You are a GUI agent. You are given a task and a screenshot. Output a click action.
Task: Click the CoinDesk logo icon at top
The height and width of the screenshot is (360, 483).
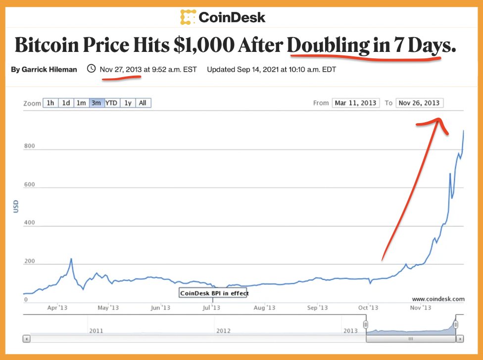point(188,17)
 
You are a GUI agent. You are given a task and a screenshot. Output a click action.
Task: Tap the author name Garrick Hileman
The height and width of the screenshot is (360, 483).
point(44,70)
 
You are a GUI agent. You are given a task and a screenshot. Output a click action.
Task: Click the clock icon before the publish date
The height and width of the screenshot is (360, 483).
point(91,69)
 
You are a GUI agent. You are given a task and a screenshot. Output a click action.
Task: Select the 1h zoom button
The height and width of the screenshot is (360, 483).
point(50,103)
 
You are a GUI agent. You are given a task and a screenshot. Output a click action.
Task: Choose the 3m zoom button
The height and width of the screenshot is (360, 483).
point(96,103)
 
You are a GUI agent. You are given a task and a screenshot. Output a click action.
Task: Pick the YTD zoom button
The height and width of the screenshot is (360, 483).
point(111,103)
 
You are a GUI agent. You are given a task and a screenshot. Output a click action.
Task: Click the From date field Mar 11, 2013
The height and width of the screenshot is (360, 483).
point(355,103)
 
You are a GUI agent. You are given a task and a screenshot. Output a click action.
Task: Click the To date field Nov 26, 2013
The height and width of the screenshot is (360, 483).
point(419,103)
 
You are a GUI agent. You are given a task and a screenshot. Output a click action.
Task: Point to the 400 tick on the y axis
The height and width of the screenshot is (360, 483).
point(30,223)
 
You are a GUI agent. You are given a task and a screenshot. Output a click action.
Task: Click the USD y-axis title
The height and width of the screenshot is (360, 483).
point(16,206)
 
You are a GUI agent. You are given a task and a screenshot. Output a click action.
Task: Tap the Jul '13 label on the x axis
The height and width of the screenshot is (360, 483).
point(211,308)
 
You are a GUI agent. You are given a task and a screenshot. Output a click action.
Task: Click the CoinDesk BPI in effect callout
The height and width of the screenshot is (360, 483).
point(214,293)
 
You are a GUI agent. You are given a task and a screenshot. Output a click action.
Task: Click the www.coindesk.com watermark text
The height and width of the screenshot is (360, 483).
point(438,299)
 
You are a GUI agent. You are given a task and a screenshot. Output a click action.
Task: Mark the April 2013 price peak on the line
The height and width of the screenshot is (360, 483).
point(71,259)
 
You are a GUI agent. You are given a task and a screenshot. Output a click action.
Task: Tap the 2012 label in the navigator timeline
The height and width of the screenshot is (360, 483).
point(223,330)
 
